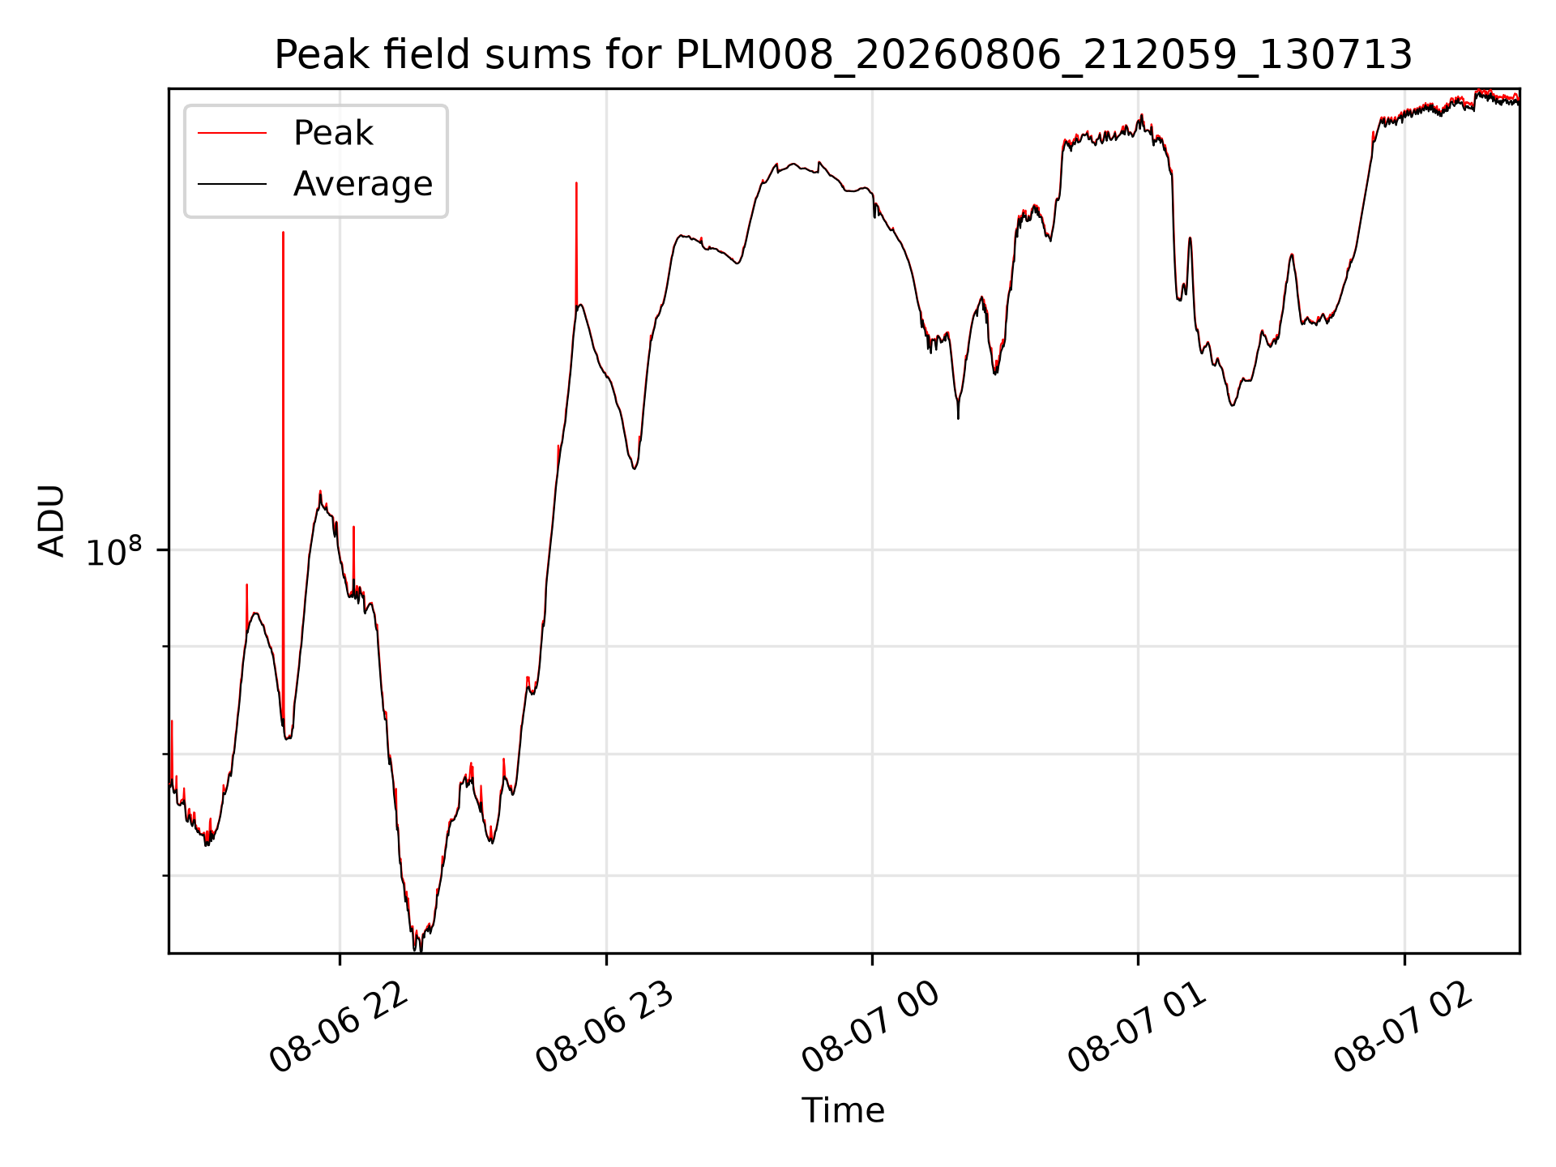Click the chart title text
843,55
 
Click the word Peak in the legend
333,133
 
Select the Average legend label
363,184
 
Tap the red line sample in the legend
232,133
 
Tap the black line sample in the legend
232,184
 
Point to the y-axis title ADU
52,520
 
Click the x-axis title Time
843,1110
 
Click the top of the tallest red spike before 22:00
283,233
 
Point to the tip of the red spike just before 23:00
576,183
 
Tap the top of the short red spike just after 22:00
353,527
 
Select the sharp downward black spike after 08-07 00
958,417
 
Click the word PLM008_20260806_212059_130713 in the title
1044,56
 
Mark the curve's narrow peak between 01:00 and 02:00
1292,254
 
